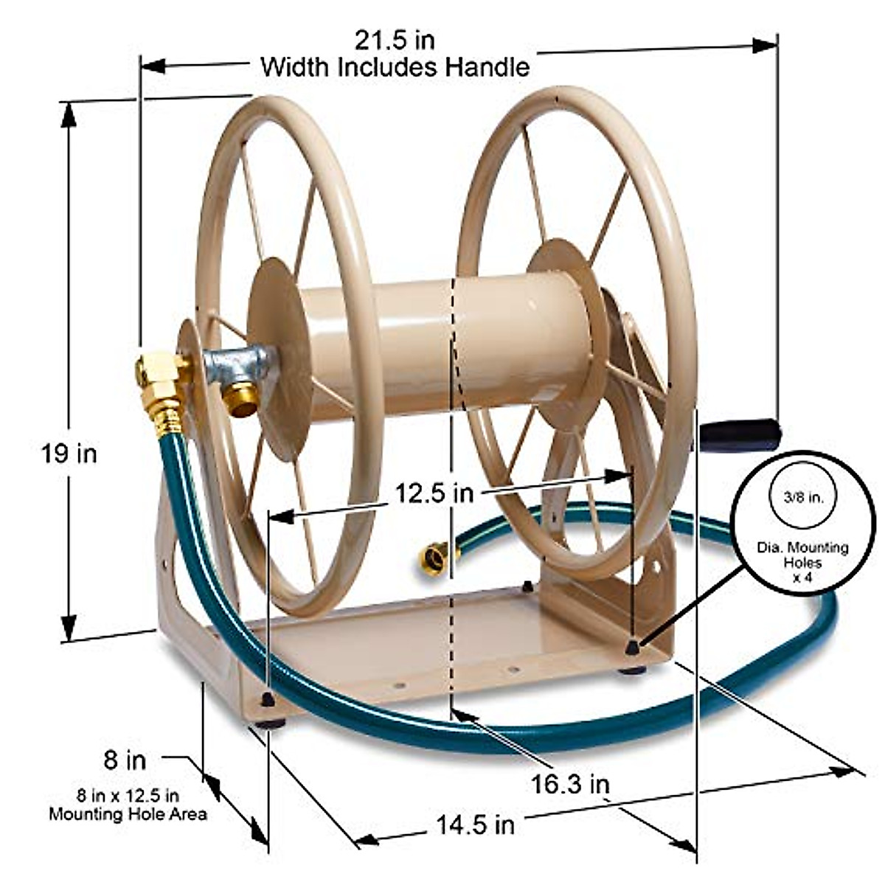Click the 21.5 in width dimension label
(x=395, y=38)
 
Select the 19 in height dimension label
(x=69, y=453)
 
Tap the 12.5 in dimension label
(x=433, y=493)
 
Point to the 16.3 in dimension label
(x=570, y=784)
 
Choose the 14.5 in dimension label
(x=475, y=824)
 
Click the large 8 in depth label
(x=125, y=759)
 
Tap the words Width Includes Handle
(x=395, y=68)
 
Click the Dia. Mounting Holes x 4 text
(x=802, y=562)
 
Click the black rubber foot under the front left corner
(x=271, y=723)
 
